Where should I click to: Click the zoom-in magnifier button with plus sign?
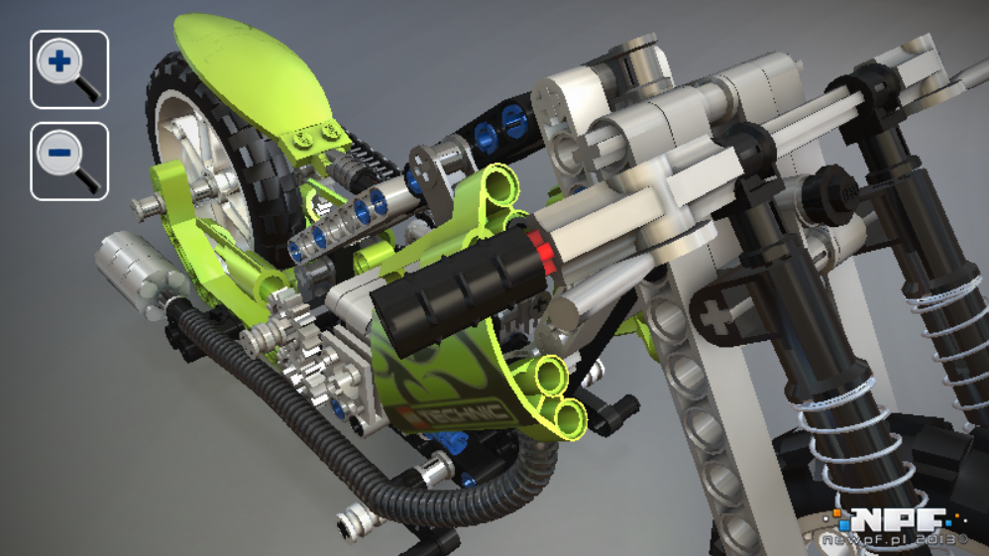pyautogui.click(x=69, y=69)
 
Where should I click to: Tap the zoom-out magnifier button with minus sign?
pyautogui.click(x=69, y=161)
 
